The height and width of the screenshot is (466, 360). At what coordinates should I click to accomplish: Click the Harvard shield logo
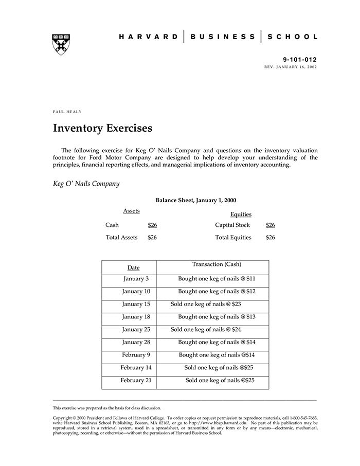61,44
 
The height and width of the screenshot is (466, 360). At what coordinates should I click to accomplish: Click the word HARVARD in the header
149,37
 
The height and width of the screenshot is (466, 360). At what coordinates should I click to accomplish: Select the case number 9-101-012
300,60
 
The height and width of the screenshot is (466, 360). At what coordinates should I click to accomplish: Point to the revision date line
291,67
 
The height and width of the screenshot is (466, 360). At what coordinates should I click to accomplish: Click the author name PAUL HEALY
67,112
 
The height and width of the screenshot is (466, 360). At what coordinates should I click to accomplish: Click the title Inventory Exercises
103,128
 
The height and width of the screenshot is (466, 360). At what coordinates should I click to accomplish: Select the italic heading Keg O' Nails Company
86,184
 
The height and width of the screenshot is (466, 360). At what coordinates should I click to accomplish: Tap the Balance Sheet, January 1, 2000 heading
196,201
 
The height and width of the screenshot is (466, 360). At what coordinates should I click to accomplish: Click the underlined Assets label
131,211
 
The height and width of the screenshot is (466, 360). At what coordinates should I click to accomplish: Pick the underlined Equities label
241,214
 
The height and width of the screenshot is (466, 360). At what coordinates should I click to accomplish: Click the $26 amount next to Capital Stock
271,225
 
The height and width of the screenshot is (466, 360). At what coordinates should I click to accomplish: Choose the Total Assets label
121,238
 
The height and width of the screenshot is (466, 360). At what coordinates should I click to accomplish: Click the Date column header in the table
133,268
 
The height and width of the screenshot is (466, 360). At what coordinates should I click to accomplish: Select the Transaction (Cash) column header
217,264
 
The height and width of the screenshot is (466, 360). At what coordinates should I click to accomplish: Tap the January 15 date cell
136,304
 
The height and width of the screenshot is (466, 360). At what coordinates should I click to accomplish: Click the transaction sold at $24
206,330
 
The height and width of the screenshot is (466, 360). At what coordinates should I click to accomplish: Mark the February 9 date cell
136,355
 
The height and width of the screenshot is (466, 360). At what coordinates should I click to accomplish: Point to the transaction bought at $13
217,317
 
